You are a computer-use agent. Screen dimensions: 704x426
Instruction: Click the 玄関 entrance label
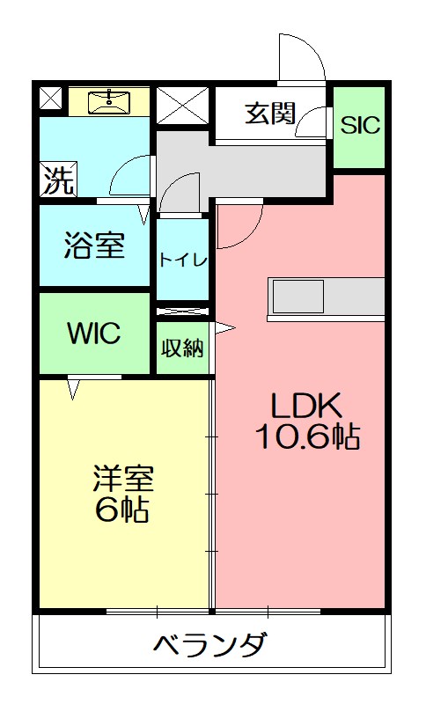click(x=269, y=114)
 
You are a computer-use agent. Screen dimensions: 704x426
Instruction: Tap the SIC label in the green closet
click(x=360, y=125)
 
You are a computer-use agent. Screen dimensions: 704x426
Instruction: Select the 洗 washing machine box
click(x=58, y=181)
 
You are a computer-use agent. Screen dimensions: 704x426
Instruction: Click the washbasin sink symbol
click(x=110, y=99)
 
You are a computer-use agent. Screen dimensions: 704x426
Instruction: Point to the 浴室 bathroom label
click(x=93, y=246)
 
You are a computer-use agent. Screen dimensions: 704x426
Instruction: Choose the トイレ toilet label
click(x=183, y=260)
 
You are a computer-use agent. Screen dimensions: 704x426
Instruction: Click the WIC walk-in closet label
click(x=93, y=334)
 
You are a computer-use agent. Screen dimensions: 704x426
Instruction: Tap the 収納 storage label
click(x=182, y=348)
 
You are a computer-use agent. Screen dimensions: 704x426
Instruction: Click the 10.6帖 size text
click(x=307, y=437)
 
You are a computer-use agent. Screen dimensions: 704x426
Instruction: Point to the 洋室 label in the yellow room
click(x=123, y=479)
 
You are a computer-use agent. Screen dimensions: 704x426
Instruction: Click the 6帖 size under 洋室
click(x=123, y=510)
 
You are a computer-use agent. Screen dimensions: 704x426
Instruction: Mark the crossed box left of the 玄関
click(x=184, y=106)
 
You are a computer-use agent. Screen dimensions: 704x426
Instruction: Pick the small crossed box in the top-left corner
click(x=51, y=99)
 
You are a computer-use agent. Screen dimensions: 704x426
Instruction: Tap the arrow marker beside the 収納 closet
click(x=225, y=329)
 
